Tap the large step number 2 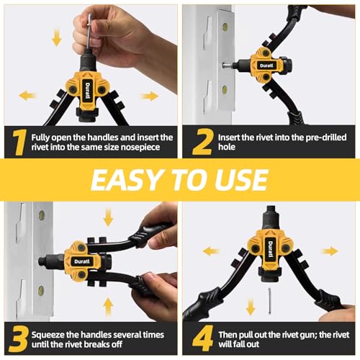point(202,143)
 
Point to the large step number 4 point(202,341)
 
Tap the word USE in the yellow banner point(243,179)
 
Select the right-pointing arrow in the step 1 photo point(150,96)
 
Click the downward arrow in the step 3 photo point(108,217)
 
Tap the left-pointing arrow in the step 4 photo point(211,251)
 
